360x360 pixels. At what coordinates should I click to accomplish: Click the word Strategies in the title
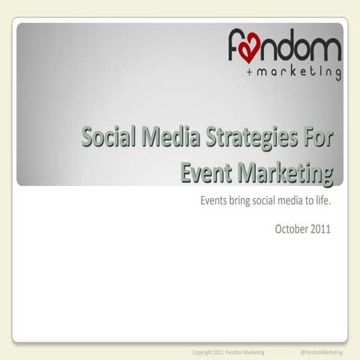(247, 140)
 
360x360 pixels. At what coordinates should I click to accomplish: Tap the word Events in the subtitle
(214, 201)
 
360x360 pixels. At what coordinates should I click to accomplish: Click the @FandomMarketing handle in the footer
(321, 352)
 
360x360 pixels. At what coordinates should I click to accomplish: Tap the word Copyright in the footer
(204, 352)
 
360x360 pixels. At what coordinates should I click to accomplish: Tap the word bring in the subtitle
(243, 201)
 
